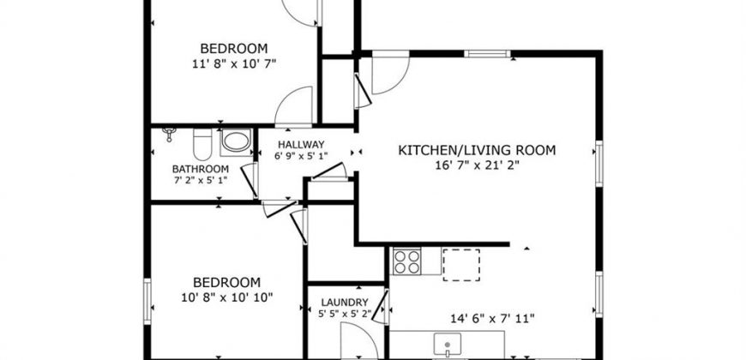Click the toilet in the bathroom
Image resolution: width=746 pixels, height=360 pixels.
[202, 144]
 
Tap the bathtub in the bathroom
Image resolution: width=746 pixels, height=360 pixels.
[236, 142]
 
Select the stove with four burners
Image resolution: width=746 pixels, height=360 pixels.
[407, 261]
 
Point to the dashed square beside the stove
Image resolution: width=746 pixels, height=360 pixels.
[461, 264]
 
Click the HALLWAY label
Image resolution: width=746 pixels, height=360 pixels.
[301, 144]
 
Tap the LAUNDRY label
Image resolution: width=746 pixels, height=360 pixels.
[345, 303]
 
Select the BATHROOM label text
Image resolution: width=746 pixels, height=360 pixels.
[201, 169]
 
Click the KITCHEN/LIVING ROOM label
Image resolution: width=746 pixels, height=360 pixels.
[477, 151]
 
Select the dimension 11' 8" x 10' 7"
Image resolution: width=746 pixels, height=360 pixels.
[234, 63]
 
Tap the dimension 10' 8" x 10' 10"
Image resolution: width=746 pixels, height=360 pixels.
[227, 297]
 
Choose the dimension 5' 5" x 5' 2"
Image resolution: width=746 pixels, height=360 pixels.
[345, 314]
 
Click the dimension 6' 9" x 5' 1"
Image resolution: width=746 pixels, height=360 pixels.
[301, 155]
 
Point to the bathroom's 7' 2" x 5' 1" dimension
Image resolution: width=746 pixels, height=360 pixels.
[201, 180]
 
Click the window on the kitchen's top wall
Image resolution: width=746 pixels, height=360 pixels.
[487, 53]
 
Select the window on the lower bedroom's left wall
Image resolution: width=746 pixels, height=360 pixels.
[147, 302]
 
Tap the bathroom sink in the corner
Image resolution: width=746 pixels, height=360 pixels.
[169, 133]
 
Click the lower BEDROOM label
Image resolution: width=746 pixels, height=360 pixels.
[227, 283]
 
